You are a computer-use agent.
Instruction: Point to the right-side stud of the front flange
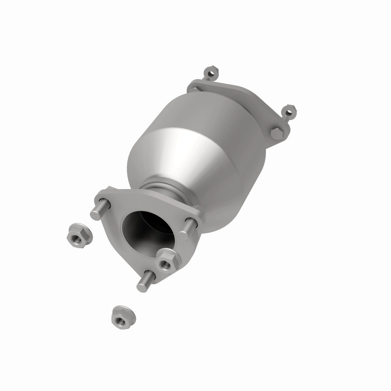190,226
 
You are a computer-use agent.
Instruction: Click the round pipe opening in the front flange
147,230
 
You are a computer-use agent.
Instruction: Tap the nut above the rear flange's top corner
211,74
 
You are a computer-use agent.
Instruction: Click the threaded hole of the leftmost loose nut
76,236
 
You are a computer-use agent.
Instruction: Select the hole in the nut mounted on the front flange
166,264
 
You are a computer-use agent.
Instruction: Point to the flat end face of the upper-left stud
95,213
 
